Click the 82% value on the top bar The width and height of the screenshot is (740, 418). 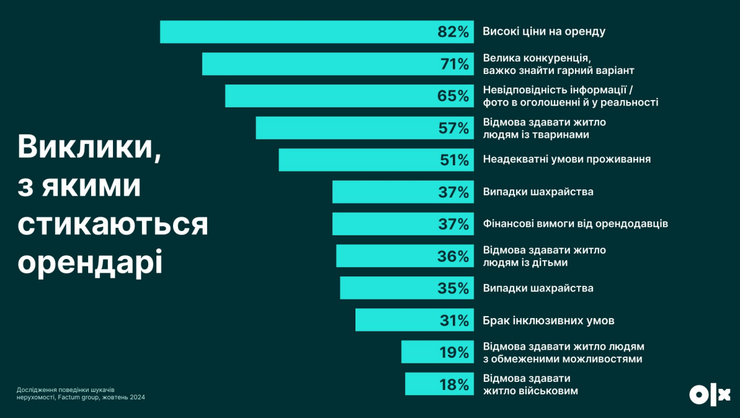[x=453, y=32]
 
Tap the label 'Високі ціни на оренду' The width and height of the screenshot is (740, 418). [x=544, y=31]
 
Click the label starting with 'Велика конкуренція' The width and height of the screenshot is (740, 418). [x=558, y=64]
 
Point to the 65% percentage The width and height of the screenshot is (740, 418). [x=453, y=96]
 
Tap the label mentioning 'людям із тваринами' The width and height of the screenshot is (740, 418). [x=544, y=128]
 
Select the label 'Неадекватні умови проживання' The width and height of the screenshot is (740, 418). [x=566, y=160]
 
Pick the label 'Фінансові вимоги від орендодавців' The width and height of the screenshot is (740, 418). [x=575, y=224]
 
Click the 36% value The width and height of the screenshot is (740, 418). [x=453, y=257]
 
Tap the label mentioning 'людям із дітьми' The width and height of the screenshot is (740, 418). [x=544, y=256]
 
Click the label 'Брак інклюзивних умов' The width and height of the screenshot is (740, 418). [x=548, y=320]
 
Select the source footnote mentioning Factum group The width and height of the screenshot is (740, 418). [x=81, y=394]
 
